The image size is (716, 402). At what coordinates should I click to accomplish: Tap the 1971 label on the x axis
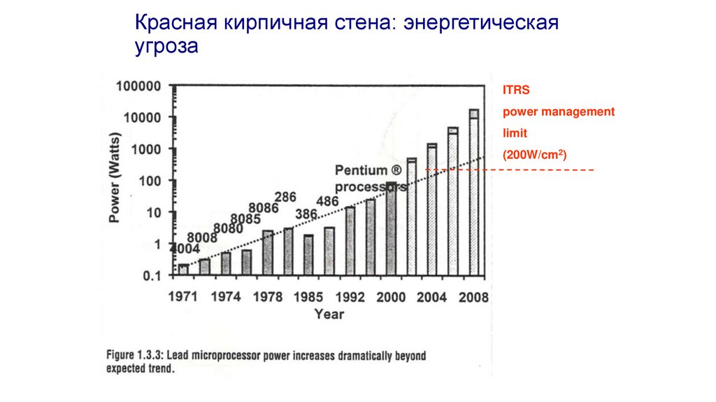click(184, 296)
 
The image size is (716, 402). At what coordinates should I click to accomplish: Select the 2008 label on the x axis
click(473, 296)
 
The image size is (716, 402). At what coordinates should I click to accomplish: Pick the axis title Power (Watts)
click(115, 181)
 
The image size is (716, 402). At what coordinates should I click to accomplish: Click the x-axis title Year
click(329, 314)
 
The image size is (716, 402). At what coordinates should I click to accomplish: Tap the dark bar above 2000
click(391, 228)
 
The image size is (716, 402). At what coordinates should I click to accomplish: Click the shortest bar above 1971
click(183, 270)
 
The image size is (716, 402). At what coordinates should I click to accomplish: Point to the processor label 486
click(327, 202)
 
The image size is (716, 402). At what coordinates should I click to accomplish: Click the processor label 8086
click(265, 208)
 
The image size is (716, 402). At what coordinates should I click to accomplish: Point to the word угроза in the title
click(167, 47)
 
